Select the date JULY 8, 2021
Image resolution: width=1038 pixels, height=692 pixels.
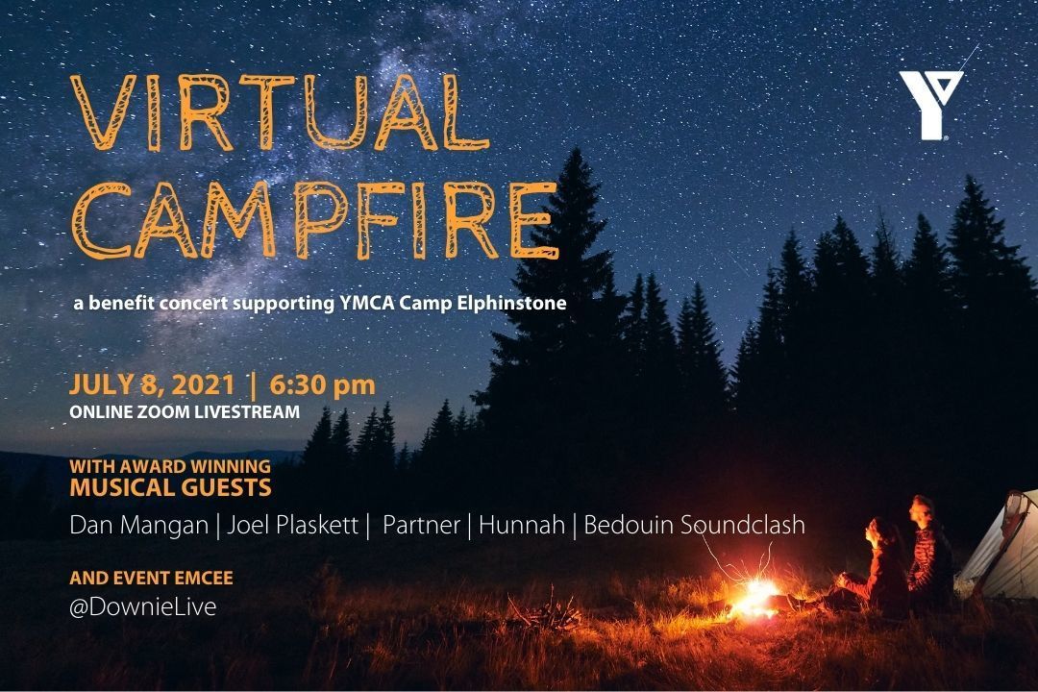coord(152,385)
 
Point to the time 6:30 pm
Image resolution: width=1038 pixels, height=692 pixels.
coord(322,385)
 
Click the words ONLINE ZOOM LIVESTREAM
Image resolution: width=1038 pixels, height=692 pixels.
coord(185,411)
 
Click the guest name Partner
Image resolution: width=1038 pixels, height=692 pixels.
coord(422,526)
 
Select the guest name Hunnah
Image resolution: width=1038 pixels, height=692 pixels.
coord(521,526)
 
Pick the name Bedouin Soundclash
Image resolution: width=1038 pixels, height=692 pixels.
coord(694,526)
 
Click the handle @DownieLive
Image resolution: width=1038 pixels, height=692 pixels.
coord(142,606)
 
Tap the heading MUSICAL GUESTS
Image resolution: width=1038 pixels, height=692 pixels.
coord(170,488)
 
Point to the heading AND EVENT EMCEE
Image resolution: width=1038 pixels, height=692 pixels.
coord(151,579)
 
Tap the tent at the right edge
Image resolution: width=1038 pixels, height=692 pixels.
coord(1004,548)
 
